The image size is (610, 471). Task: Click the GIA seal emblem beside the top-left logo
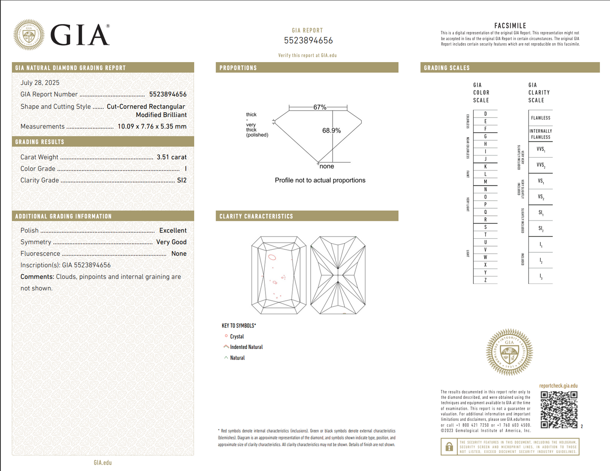[x=29, y=35]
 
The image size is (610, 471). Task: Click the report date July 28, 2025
[x=40, y=83]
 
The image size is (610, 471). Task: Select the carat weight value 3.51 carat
[x=171, y=157]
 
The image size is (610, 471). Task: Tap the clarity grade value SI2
[x=182, y=180]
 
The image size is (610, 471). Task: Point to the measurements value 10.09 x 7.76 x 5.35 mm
[x=152, y=126]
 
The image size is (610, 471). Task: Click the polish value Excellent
[x=173, y=231]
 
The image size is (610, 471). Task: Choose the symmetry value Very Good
[x=171, y=242]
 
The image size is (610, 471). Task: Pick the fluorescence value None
[x=179, y=253]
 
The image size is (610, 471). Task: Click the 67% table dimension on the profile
[x=320, y=107]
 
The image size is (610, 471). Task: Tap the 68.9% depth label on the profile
[x=331, y=131]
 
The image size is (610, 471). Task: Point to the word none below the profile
[x=327, y=166]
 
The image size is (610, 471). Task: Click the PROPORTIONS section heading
[x=238, y=68]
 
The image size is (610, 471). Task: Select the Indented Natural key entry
[x=246, y=347]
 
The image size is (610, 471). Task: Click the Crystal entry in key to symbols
[x=237, y=337]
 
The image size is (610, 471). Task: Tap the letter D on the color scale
[x=485, y=114]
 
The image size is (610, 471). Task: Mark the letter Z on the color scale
[x=485, y=280]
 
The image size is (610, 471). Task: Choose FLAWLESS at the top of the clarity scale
[x=540, y=118]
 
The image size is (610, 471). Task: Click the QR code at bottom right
[x=559, y=409]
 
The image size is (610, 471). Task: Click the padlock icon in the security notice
[x=449, y=446]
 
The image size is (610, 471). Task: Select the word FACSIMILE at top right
[x=510, y=26]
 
